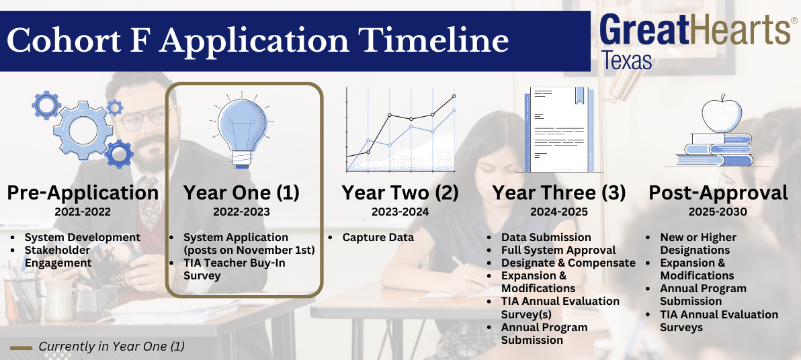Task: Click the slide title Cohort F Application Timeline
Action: tap(257, 41)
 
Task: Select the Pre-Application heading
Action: tap(83, 193)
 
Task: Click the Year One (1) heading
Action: tap(242, 193)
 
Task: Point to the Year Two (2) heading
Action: tap(400, 193)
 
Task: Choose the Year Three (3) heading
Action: tap(559, 193)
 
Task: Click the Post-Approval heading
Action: tap(718, 193)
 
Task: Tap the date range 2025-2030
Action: tap(718, 212)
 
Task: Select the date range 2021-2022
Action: tap(83, 212)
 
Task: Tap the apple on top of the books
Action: tap(721, 115)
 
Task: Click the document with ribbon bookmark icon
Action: tap(559, 129)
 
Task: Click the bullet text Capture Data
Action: tap(378, 238)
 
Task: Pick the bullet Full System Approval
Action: tap(558, 251)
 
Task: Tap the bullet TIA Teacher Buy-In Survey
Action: tap(228, 269)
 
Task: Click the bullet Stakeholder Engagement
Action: tap(58, 257)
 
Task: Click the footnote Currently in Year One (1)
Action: tap(112, 346)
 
